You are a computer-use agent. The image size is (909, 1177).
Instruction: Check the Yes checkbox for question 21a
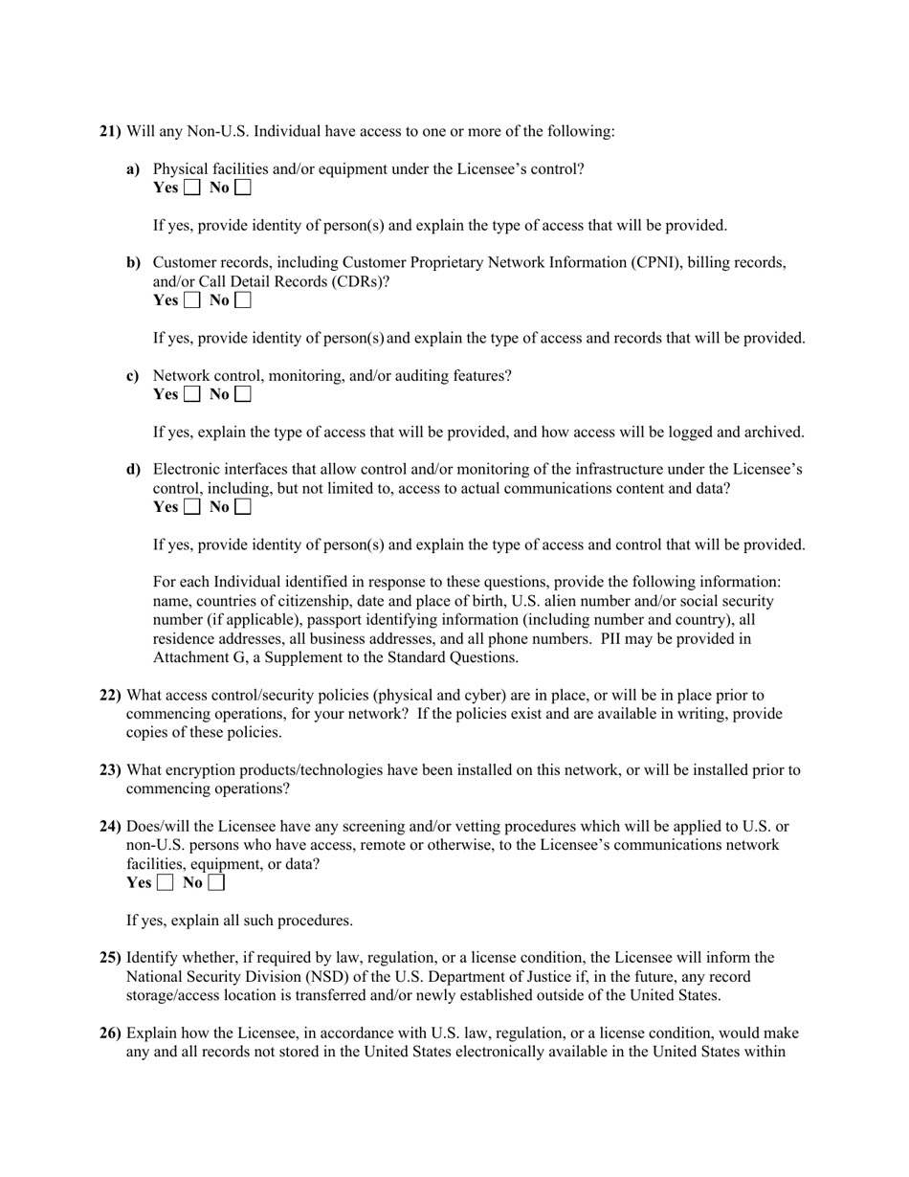(x=192, y=188)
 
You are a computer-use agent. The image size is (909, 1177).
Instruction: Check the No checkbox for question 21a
(x=243, y=188)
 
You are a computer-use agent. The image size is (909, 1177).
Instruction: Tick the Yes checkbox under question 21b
(x=192, y=300)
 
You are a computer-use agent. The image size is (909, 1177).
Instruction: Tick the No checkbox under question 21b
(x=243, y=300)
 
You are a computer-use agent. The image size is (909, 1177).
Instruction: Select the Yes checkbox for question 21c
(x=192, y=394)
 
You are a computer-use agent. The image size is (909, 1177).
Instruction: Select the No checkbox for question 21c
(x=243, y=394)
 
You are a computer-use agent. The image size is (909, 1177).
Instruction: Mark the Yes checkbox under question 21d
(x=192, y=507)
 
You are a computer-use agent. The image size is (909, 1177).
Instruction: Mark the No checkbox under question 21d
(x=243, y=507)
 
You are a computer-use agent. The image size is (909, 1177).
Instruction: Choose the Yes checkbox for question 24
(x=166, y=883)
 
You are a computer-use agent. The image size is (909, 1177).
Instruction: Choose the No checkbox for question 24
(x=216, y=883)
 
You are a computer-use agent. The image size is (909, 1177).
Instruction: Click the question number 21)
(x=110, y=131)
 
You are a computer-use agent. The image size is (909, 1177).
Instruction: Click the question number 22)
(x=110, y=696)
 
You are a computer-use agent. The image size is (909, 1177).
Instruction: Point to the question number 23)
(x=110, y=770)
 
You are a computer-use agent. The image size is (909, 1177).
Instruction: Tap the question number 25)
(x=110, y=958)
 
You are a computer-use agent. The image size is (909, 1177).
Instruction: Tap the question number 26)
(x=110, y=1033)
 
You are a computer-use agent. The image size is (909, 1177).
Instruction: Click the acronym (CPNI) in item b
(x=654, y=263)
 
